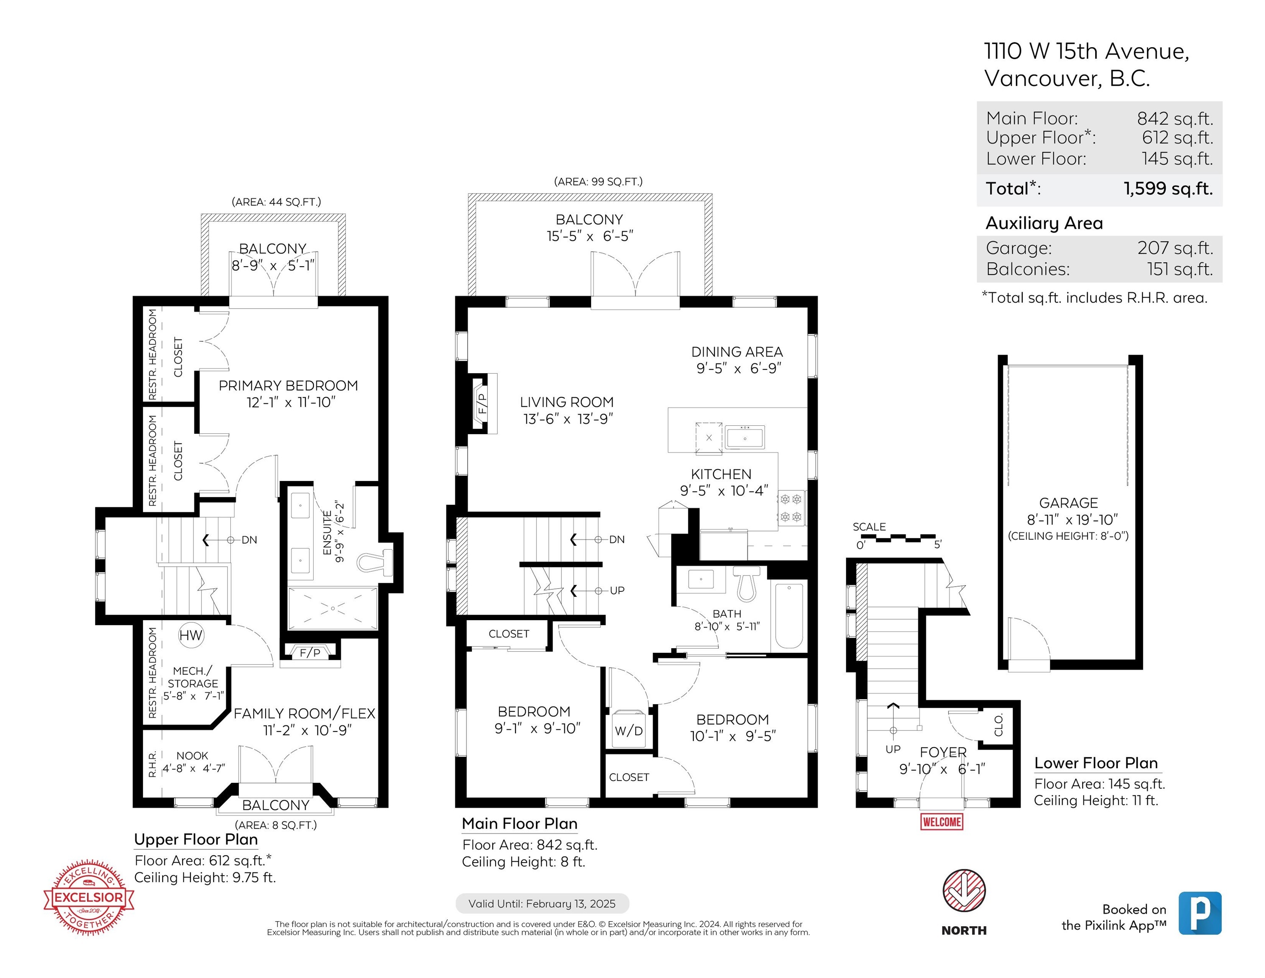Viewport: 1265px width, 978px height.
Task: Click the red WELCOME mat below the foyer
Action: (x=942, y=821)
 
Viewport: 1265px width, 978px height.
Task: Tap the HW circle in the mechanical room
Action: (x=191, y=635)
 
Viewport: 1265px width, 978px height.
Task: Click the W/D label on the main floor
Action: (x=628, y=731)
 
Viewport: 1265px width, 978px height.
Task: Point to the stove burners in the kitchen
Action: (x=791, y=508)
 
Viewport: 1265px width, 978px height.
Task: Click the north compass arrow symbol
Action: (x=964, y=891)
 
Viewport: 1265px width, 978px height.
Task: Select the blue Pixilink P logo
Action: (x=1200, y=913)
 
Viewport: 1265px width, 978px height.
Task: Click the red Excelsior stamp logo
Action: (x=89, y=897)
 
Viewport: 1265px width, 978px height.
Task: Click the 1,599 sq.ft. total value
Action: (x=1168, y=188)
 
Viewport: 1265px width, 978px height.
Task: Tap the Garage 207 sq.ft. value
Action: (x=1175, y=248)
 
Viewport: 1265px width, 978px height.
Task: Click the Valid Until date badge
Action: (x=542, y=903)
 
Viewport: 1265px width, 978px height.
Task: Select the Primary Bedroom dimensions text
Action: (x=291, y=402)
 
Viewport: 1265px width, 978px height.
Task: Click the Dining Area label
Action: (x=737, y=352)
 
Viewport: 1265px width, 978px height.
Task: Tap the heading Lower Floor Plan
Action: (x=1096, y=763)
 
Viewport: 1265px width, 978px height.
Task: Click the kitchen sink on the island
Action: (x=745, y=438)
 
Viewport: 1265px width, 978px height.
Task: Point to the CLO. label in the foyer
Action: (x=999, y=725)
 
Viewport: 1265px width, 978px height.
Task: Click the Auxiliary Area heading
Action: (x=1044, y=223)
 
